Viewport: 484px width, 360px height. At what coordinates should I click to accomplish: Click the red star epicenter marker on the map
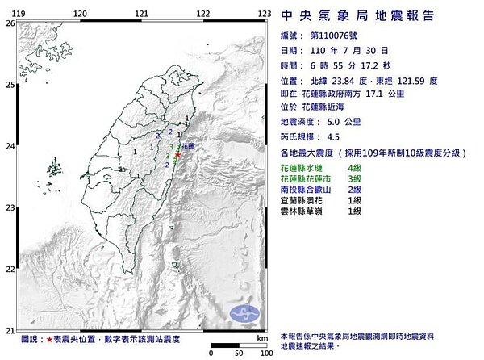pyautogui.click(x=177, y=154)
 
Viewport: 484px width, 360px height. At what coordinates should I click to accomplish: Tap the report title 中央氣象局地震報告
pyautogui.click(x=357, y=15)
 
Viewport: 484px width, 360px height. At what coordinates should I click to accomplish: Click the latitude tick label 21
pyautogui.click(x=10, y=329)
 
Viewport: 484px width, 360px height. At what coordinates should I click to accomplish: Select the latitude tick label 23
pyautogui.click(x=10, y=207)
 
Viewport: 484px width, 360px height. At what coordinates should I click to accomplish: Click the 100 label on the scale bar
pyautogui.click(x=264, y=354)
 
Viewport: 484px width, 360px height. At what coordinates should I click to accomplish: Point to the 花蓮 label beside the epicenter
pyautogui.click(x=187, y=147)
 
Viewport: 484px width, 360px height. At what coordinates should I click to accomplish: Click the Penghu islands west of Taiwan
pyautogui.click(x=54, y=170)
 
